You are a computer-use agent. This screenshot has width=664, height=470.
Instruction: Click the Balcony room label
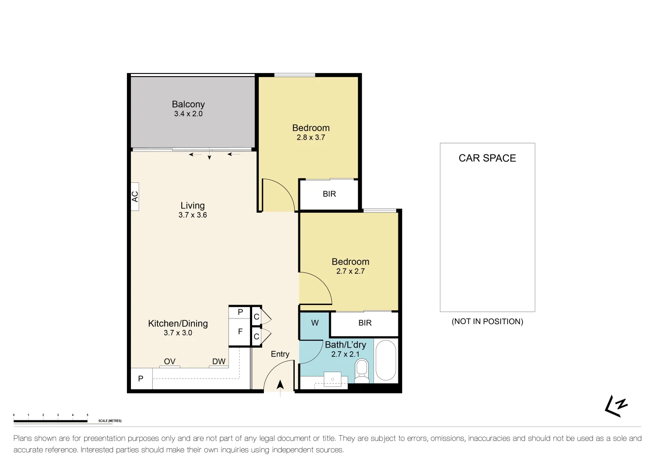[188, 104]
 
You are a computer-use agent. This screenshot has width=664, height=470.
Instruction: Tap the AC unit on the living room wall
[135, 197]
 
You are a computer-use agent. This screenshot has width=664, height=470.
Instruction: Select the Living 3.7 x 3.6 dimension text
[193, 215]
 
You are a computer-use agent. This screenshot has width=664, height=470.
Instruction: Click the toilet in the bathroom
[361, 371]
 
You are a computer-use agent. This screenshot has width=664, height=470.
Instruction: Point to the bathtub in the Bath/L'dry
[385, 360]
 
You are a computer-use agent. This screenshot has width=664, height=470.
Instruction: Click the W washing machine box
[315, 323]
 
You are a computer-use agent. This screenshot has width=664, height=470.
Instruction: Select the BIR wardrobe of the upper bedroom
[329, 194]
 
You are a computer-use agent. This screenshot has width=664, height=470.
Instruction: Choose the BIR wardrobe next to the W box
[365, 323]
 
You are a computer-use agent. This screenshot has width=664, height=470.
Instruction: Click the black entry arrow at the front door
[280, 385]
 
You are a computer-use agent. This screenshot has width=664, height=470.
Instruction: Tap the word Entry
[280, 354]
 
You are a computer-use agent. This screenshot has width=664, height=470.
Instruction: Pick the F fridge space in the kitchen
[240, 332]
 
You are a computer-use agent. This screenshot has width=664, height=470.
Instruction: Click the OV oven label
[170, 362]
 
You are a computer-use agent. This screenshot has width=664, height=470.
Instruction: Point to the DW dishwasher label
[219, 362]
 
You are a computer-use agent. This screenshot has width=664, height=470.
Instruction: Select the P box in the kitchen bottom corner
[141, 379]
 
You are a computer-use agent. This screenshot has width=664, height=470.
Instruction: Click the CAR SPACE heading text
[487, 158]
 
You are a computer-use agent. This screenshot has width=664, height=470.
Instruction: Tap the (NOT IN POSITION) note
[487, 322]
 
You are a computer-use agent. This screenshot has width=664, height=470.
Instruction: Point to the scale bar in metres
[50, 421]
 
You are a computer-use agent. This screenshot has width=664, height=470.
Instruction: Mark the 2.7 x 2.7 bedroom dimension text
[350, 271]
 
